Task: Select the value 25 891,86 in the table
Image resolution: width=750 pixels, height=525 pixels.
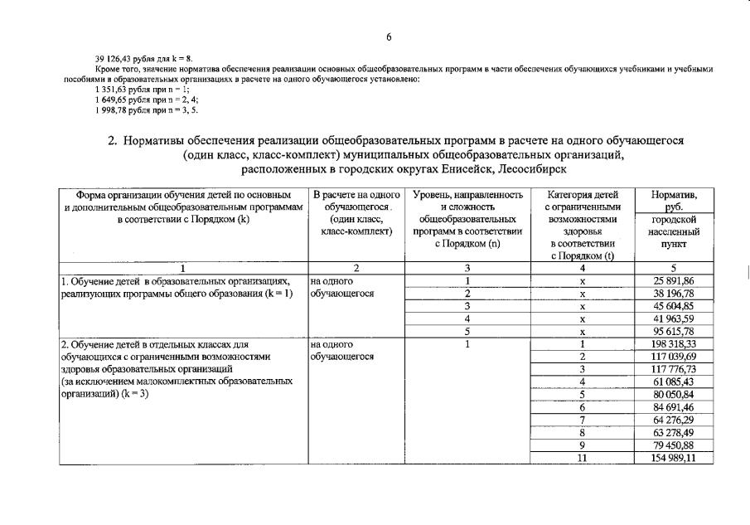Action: tap(673, 282)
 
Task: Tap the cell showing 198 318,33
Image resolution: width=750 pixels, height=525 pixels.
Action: tap(673, 344)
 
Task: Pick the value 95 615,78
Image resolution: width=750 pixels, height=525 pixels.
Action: tap(673, 332)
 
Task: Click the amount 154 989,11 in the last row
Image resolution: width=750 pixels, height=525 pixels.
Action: tap(673, 457)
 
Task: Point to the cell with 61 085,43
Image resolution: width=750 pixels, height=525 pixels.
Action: tap(673, 382)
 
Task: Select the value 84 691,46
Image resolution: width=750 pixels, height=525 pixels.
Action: tap(673, 407)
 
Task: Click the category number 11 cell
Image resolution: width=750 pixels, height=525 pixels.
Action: tap(582, 457)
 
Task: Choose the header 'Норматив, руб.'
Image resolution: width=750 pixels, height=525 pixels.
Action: tap(673, 201)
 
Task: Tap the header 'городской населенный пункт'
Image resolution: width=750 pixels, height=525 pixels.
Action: tap(673, 231)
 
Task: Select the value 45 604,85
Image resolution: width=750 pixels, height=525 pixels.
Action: tap(673, 307)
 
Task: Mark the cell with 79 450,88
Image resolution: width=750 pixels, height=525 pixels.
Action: tap(673, 445)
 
